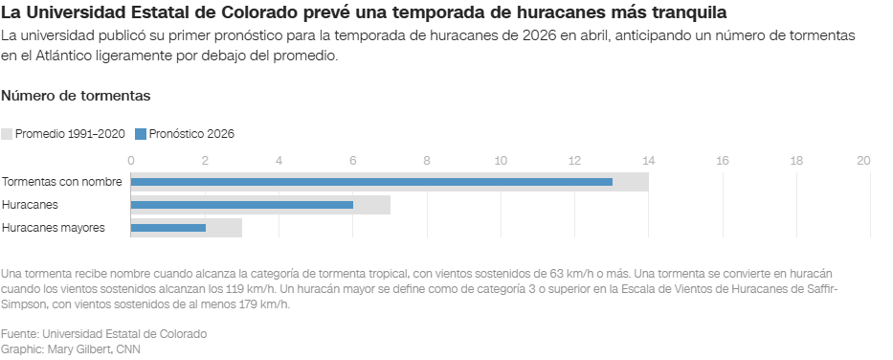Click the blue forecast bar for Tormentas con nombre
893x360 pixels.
point(371,181)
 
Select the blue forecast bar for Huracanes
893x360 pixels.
point(241,205)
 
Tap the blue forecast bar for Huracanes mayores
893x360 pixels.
point(167,228)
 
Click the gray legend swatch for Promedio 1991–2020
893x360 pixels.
point(7,134)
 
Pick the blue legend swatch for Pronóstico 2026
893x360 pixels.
point(141,134)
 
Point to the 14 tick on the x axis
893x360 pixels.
point(648,161)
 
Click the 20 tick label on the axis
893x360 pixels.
point(863,161)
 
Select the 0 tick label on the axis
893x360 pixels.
point(131,161)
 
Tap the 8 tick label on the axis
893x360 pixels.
point(427,161)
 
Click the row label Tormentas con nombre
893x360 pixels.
point(62,182)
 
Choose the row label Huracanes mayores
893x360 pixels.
point(54,228)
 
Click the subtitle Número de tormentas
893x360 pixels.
point(76,97)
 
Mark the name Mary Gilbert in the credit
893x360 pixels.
point(78,349)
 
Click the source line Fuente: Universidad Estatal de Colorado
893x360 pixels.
point(103,333)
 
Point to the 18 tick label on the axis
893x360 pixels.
point(795,161)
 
